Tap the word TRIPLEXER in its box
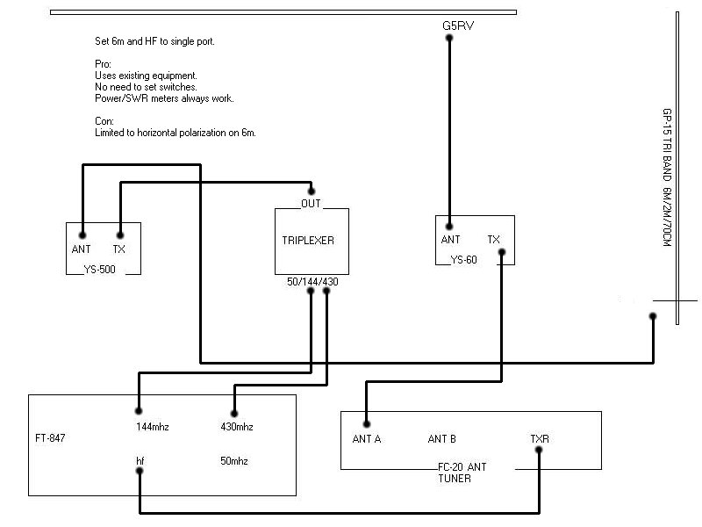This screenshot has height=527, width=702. coord(308,240)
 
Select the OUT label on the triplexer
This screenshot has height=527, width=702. coord(311,203)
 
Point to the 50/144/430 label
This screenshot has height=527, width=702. coord(312,281)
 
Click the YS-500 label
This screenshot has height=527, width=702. coord(104,269)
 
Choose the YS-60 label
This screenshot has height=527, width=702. coord(463,259)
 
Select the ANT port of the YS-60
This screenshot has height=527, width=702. coord(450,239)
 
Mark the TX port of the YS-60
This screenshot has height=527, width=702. coord(494,239)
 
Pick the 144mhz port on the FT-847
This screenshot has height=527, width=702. coord(151,427)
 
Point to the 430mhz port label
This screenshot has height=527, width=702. coord(237,427)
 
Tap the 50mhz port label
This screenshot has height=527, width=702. coord(235,459)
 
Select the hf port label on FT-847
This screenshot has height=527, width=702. coord(140,459)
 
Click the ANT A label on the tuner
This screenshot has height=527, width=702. coord(366,438)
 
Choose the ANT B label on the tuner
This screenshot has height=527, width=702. coord(441,438)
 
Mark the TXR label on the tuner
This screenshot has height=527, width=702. coord(539,438)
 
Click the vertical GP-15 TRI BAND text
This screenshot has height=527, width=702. coord(666,177)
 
